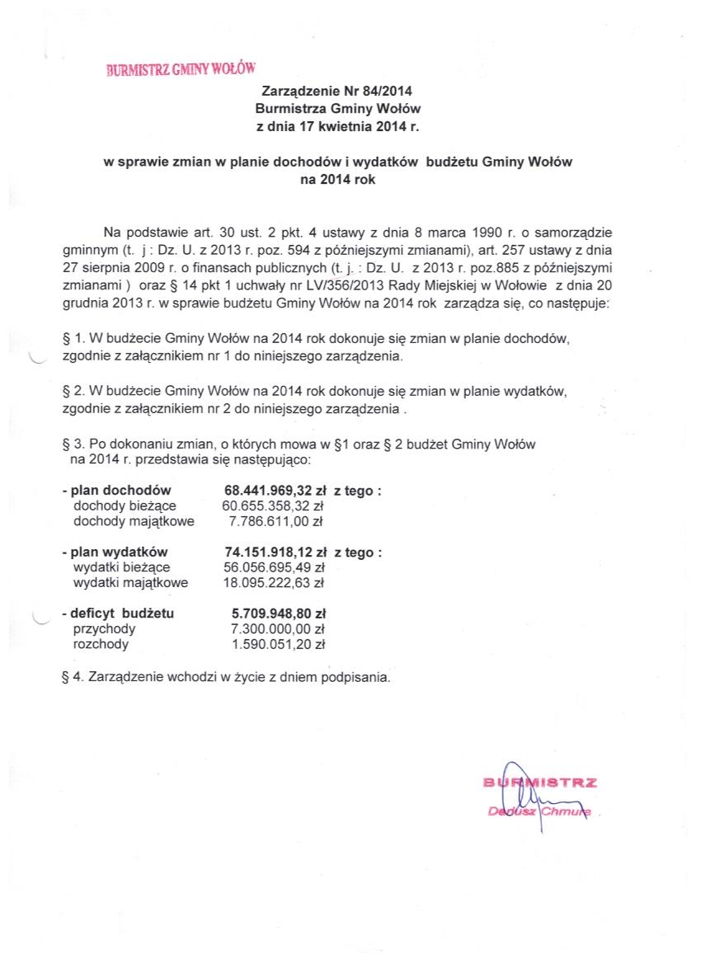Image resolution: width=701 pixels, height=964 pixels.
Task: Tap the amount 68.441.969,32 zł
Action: pos(275,491)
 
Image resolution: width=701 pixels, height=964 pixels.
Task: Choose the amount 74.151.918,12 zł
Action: pos(275,553)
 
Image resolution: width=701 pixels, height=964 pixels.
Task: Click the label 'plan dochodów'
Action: pos(120,491)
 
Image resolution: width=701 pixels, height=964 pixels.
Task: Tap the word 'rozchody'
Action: pos(101,644)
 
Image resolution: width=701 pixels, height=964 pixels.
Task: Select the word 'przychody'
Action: pos(105,629)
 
